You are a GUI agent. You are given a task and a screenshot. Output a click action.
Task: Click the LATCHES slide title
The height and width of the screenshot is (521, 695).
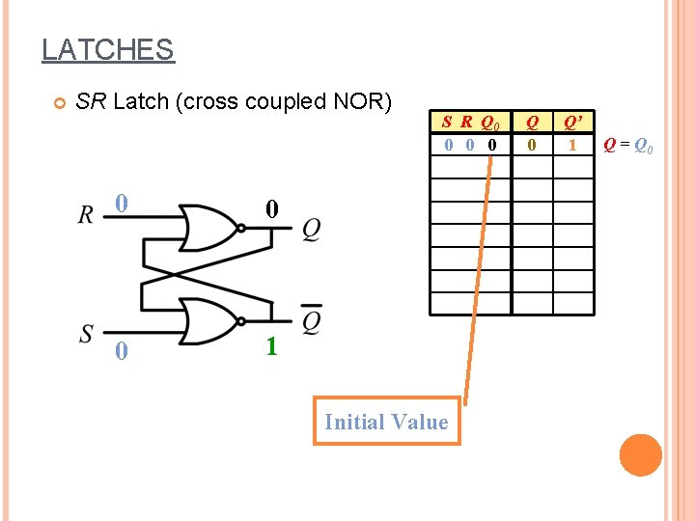pos(107,49)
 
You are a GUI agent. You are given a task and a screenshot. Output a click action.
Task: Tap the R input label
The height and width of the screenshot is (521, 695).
pos(86,214)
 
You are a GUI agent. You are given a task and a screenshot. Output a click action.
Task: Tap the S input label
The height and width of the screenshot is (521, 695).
pos(87,334)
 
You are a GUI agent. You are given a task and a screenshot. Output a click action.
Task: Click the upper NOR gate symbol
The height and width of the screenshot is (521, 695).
pos(210,228)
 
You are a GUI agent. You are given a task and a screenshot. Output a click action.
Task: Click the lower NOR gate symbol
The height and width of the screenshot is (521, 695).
pos(210,321)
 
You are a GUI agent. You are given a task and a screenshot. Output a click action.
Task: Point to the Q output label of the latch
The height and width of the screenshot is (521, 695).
pos(311,230)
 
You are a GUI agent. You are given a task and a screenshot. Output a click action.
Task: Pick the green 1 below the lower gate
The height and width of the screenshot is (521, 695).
pos(271,346)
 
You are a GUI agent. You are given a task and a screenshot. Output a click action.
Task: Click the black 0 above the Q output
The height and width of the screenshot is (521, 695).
pos(272,208)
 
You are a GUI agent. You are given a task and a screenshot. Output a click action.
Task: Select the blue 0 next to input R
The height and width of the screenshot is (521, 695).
pos(121,204)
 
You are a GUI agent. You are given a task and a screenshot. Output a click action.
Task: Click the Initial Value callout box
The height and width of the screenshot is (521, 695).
pos(386,422)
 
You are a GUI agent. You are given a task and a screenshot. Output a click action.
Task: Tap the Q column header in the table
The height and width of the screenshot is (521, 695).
pos(531,123)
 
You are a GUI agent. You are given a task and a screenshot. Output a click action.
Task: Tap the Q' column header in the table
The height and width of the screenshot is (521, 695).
pos(572,123)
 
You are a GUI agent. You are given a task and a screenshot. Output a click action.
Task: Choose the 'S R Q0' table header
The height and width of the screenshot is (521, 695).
pos(470,123)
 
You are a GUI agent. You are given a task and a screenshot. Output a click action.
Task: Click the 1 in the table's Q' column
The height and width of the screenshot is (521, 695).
pos(572,145)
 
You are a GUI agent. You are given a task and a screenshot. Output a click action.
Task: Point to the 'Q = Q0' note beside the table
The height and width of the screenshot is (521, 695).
pos(627,146)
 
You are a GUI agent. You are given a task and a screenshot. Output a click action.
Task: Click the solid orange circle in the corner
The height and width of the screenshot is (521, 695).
pos(640,455)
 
